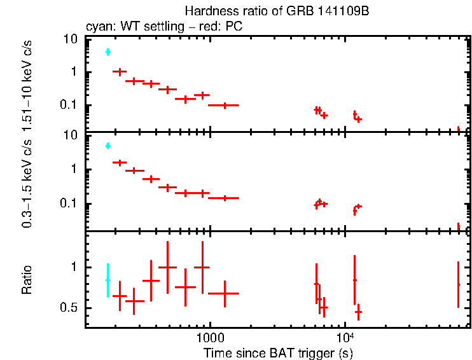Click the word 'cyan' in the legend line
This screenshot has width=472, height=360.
coord(97,27)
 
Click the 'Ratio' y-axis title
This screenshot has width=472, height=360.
coord(27,280)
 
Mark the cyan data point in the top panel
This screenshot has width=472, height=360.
coord(108,52)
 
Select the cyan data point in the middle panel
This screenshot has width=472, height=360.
coord(108,146)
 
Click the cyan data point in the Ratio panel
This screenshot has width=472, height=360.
coord(108,280)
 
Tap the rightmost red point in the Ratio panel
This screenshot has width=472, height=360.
coord(458,284)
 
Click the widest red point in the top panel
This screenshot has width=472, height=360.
coord(224,105)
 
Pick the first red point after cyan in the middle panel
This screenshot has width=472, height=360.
coord(120,163)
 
